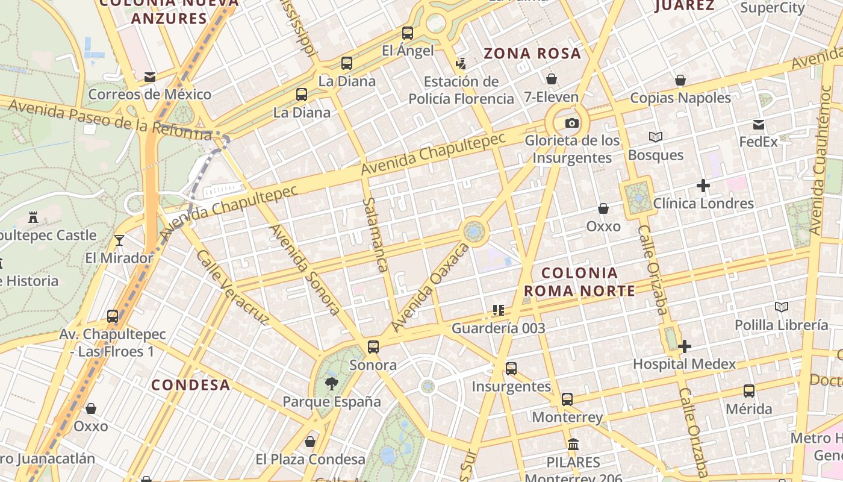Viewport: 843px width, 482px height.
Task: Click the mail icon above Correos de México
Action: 150,77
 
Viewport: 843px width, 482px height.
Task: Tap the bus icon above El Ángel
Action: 408,33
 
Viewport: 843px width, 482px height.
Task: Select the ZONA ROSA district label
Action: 533,54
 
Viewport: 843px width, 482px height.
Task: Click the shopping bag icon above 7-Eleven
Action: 551,79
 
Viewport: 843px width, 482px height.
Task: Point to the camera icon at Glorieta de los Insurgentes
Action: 571,124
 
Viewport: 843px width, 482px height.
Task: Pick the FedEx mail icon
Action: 759,125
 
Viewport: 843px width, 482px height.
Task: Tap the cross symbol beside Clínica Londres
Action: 703,186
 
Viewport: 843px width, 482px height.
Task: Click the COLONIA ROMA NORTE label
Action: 579,282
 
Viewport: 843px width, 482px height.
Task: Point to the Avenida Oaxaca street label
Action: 429,288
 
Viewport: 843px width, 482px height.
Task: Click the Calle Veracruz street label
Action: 232,288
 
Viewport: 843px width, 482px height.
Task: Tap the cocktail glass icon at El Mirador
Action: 119,240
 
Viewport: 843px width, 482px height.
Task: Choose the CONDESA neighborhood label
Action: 190,385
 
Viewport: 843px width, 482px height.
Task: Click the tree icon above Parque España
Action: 331,383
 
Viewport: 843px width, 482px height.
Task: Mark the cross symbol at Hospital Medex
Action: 684,346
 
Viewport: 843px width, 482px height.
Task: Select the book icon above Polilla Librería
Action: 781,307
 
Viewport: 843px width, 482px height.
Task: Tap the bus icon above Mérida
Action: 748,391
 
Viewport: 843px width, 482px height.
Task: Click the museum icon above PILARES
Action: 573,445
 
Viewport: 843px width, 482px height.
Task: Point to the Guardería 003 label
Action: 498,328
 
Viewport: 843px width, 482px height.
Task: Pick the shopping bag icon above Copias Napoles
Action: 680,80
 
